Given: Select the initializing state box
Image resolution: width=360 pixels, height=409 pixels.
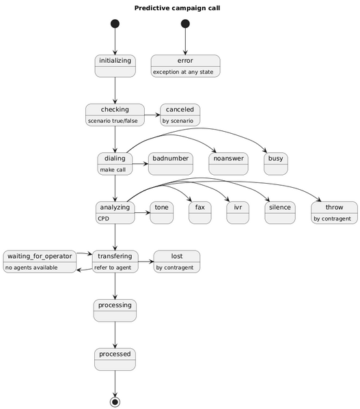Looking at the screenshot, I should pyautogui.click(x=115, y=66).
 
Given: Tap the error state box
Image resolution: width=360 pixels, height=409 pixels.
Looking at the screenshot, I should pyautogui.click(x=185, y=66).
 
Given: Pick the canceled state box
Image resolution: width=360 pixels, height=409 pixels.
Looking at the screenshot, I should pyautogui.click(x=180, y=115).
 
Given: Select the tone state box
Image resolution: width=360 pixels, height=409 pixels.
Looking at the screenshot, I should pyautogui.click(x=161, y=213).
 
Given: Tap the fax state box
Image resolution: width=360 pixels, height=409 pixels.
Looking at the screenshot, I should pyautogui.click(x=199, y=213).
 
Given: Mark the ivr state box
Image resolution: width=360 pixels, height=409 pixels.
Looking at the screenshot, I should pyautogui.click(x=237, y=213).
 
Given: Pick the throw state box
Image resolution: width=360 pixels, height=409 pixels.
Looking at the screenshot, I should pyautogui.click(x=333, y=213).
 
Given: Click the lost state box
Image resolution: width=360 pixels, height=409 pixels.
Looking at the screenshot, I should pyautogui.click(x=177, y=262).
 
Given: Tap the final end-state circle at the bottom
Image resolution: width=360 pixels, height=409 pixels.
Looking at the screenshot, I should pyautogui.click(x=115, y=401).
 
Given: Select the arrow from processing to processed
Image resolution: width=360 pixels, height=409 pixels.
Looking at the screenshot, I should pyautogui.click(x=115, y=335).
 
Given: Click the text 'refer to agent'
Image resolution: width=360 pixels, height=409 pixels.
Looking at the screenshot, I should pyautogui.click(x=113, y=268).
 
